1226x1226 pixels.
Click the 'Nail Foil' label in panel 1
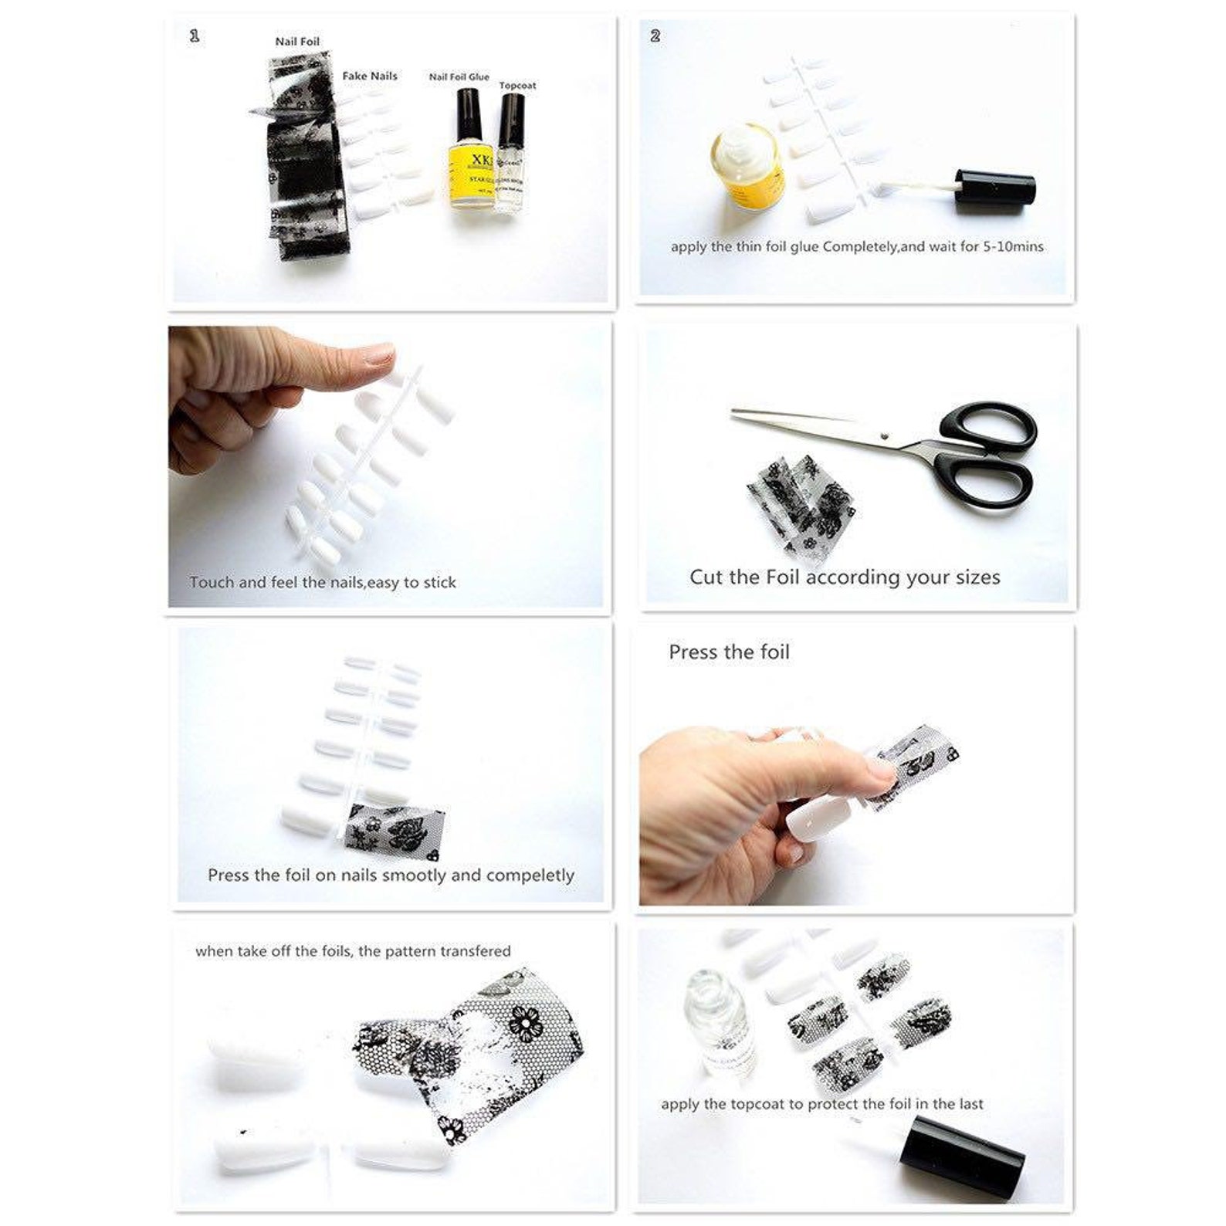coord(297,42)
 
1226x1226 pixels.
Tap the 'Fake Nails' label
coord(370,76)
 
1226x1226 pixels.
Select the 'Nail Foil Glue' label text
coord(459,76)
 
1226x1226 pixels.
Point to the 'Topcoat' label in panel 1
coord(517,86)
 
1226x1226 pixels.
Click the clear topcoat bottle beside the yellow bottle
coord(510,154)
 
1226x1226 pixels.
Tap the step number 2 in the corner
coord(655,36)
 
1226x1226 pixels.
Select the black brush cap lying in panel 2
coord(995,190)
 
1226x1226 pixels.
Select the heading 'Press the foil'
coord(729,652)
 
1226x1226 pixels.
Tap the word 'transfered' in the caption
coord(472,951)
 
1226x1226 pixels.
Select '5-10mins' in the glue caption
coord(1013,247)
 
